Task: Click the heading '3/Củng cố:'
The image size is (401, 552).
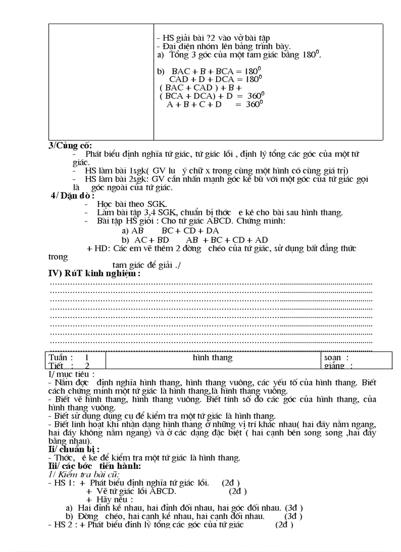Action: (70, 145)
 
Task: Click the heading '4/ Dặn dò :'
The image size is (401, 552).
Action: (73, 196)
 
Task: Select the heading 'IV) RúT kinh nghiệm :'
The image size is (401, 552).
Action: (94, 274)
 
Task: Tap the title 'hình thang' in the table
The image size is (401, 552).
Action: (212, 358)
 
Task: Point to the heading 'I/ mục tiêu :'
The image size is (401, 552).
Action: (71, 375)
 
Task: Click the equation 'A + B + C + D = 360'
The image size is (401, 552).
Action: (215, 104)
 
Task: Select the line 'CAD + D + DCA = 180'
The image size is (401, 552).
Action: (214, 79)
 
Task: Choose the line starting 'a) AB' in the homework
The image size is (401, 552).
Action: (170, 231)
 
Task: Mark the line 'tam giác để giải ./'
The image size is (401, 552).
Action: (146, 265)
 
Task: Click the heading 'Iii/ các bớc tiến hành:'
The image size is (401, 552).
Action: (94, 465)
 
